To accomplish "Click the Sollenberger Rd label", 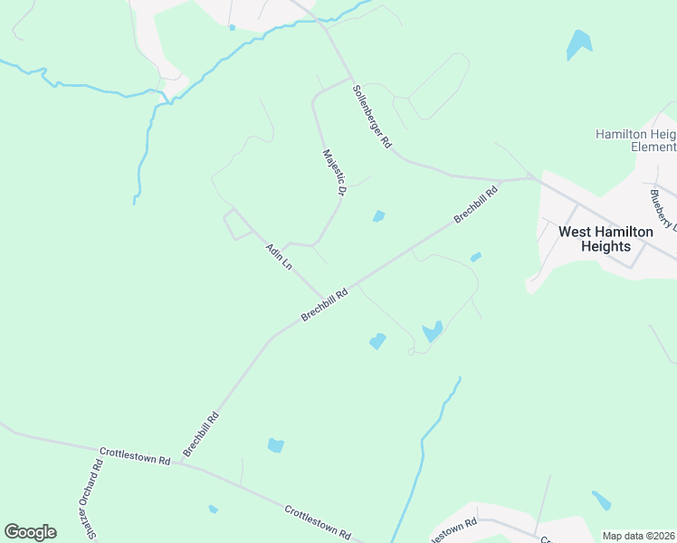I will [372, 116].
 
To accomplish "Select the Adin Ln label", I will [280, 257].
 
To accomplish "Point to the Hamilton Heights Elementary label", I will [635, 140].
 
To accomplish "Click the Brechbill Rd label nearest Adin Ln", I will [325, 305].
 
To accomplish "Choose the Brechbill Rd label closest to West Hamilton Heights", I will [476, 205].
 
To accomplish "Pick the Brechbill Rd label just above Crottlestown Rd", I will [201, 433].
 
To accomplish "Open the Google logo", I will [30, 532].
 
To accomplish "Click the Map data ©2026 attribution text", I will [638, 536].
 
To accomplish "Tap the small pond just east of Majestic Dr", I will [378, 215].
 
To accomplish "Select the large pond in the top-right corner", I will [577, 44].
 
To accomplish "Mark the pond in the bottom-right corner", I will [602, 500].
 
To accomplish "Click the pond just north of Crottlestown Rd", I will [275, 445].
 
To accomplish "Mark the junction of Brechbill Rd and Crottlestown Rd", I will [178, 463].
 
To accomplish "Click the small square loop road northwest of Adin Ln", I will [237, 224].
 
